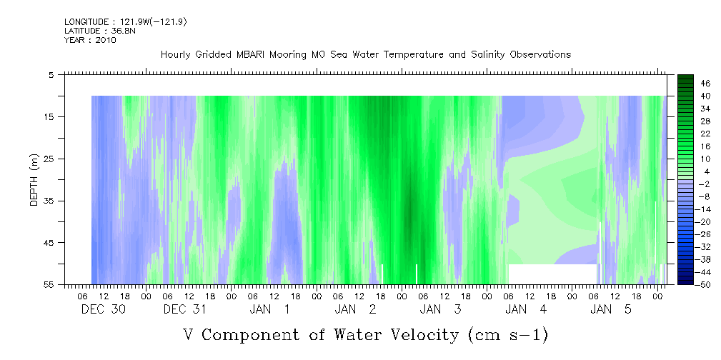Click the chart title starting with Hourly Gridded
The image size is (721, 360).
click(366, 55)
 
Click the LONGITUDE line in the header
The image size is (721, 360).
click(126, 21)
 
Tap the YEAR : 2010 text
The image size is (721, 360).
click(90, 40)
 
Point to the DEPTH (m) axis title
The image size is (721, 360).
click(34, 180)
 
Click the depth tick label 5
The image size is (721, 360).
click(50, 75)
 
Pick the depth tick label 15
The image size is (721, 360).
click(47, 116)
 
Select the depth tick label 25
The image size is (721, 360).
click(47, 159)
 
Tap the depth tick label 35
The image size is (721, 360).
click(47, 201)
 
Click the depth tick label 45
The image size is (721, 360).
click(47, 243)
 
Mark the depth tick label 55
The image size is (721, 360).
click(47, 284)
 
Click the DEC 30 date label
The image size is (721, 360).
click(104, 309)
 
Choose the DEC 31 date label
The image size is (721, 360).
click(185, 309)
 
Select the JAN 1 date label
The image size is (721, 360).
click(270, 309)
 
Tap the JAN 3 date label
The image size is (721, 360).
click(440, 309)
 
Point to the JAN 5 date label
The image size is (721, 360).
click(611, 309)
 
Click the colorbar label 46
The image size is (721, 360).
click(705, 84)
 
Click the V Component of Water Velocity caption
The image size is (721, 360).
click(366, 335)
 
